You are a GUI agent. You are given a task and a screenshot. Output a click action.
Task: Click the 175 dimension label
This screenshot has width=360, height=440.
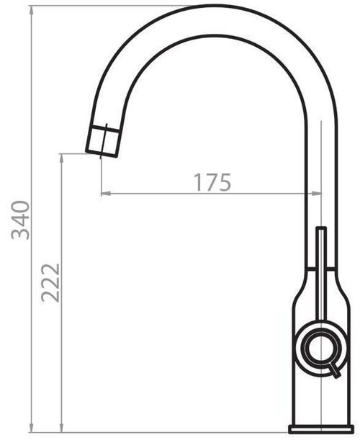coord(212,182)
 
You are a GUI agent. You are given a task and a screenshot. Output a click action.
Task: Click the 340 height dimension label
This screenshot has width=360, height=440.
coord(20,220)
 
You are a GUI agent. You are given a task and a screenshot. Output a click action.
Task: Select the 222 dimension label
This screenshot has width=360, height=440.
coord(50,282)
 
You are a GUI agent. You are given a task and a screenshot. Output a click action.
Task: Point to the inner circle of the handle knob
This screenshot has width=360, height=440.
coord(320,346)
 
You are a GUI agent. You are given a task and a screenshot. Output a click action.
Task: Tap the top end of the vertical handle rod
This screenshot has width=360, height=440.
coord(321,228)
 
